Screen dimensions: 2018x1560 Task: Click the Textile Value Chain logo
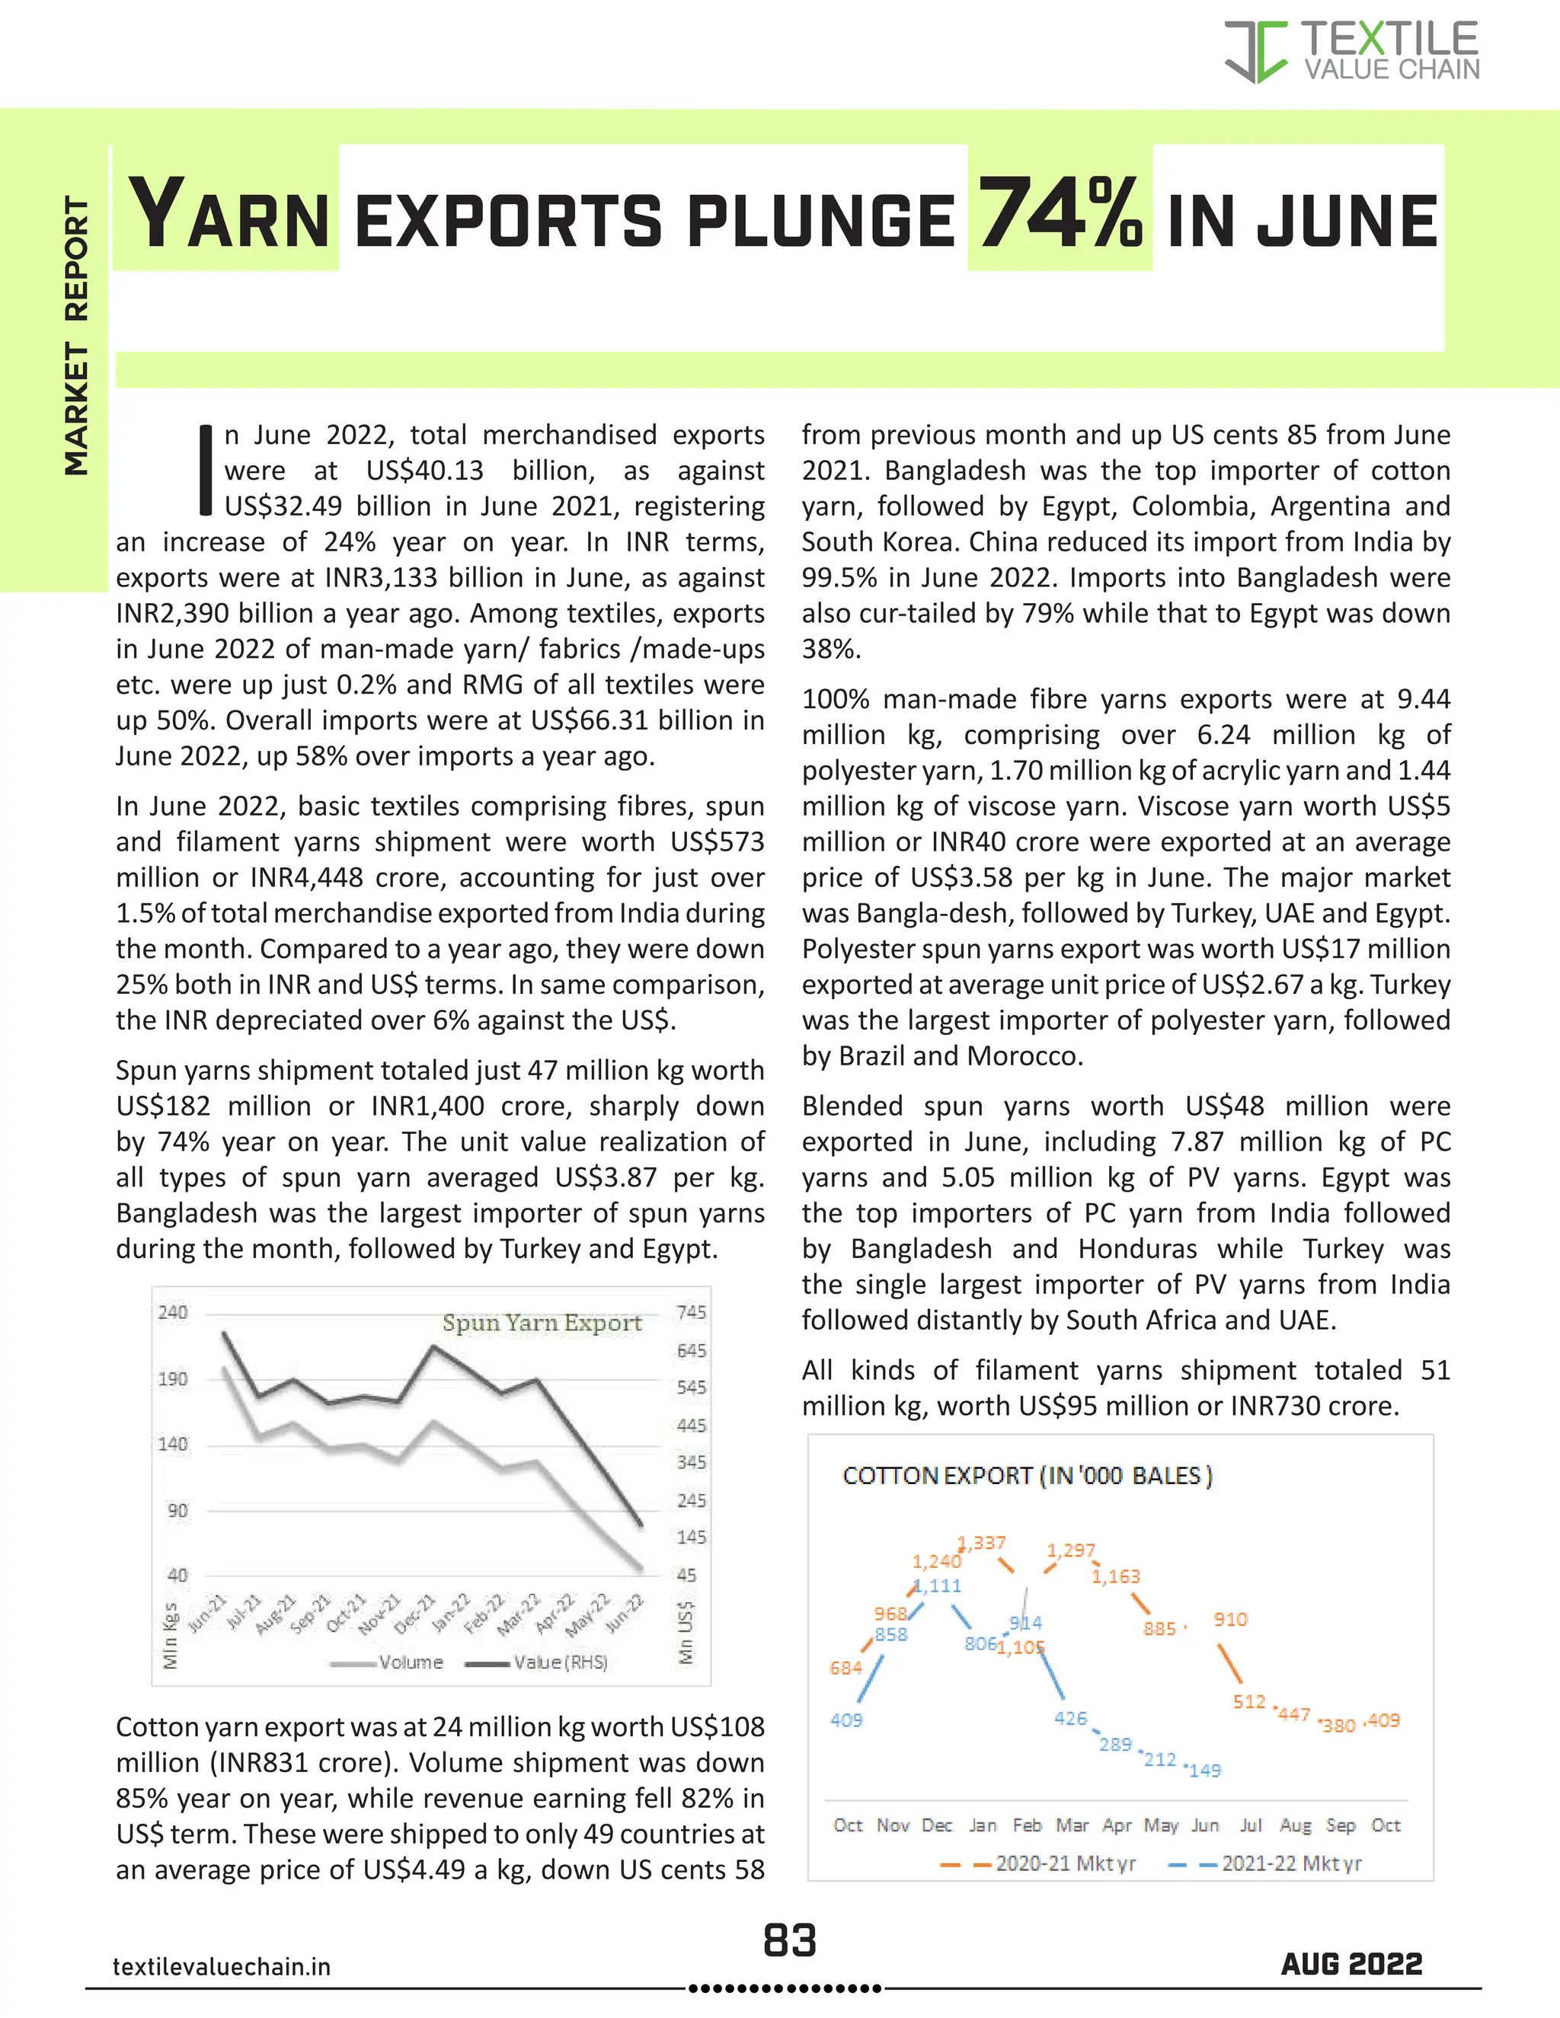click(x=1351, y=52)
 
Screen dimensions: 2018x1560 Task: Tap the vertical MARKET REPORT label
click(x=77, y=337)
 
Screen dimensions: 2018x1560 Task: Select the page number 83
click(x=789, y=1940)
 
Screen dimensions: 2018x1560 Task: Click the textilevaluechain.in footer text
click(x=222, y=1967)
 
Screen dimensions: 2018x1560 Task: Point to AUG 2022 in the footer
click(x=1351, y=1965)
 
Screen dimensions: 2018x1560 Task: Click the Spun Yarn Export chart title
click(x=542, y=1324)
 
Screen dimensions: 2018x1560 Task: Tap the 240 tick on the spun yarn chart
click(x=173, y=1312)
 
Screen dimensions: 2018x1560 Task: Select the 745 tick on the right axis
click(x=692, y=1312)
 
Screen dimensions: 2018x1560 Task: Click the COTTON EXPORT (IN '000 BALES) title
click(x=1027, y=1476)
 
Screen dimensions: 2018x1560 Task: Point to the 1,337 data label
click(x=983, y=1543)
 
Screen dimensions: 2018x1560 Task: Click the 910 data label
click(x=1230, y=1619)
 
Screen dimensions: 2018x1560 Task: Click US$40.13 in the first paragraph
click(x=424, y=471)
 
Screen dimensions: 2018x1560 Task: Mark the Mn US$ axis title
click(x=686, y=1633)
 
